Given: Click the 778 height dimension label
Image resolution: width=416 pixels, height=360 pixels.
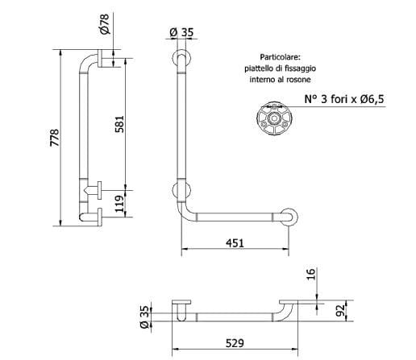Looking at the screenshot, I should pyautogui.click(x=54, y=139).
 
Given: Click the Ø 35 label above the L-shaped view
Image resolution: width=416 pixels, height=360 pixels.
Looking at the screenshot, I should pyautogui.click(x=180, y=32).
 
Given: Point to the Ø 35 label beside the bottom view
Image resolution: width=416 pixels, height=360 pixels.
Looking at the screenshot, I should pyautogui.click(x=144, y=312).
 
